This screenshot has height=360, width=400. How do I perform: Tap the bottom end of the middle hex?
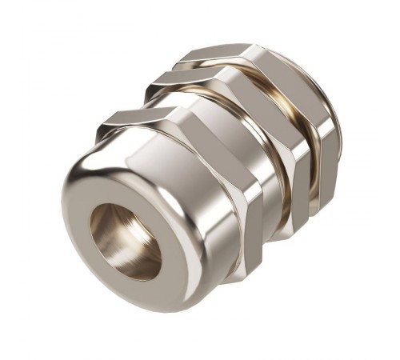tap(280, 236)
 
